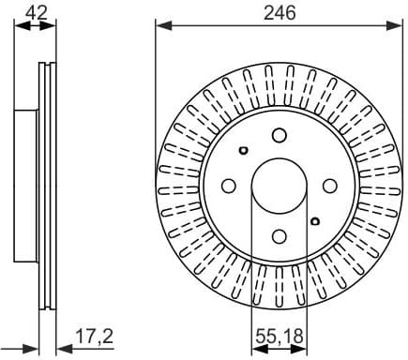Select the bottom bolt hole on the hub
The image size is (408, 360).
(x=279, y=236)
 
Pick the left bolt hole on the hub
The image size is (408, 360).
(x=228, y=186)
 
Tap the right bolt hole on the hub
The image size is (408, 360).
(x=330, y=186)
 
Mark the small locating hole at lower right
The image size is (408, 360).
(x=315, y=221)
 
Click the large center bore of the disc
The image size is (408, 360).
(x=279, y=186)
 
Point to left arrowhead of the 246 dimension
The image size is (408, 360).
(x=160, y=25)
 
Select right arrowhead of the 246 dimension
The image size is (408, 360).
(x=398, y=25)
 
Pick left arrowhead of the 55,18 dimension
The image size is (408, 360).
(x=256, y=344)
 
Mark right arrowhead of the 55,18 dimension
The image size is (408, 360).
(x=302, y=344)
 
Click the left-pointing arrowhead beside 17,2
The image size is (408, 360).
(x=59, y=344)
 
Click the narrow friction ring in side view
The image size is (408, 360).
(x=46, y=186)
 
